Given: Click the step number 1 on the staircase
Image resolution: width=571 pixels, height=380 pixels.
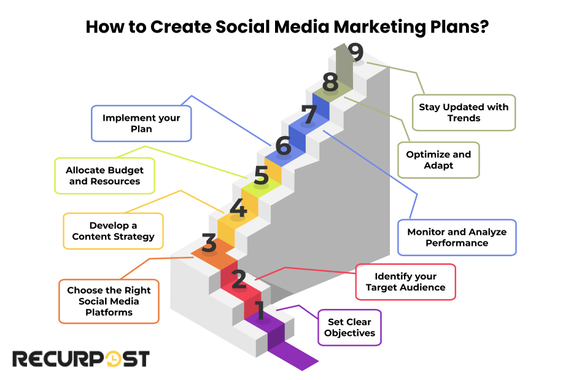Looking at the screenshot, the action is coord(260,310).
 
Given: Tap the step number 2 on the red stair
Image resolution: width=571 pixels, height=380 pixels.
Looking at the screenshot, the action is coord(239,279).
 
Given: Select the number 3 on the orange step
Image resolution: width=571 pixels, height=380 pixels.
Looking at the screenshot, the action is coord(209,243).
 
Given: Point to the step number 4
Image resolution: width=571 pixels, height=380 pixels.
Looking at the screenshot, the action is coord(238,208).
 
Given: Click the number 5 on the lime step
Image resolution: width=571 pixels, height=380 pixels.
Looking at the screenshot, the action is coord(261,175).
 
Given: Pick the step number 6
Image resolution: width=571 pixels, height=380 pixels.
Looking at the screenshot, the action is coord(283,145).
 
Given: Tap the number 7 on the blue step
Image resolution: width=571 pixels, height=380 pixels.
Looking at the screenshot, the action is coord(309,114).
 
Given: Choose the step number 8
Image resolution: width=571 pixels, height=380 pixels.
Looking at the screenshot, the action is coord(330,82).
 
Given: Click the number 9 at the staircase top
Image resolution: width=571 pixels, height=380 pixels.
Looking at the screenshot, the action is coord(355,51).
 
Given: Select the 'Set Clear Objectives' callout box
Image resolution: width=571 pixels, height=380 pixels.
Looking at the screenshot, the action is coord(349,327).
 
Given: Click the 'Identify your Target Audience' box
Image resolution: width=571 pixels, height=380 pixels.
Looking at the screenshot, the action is coord(405,282).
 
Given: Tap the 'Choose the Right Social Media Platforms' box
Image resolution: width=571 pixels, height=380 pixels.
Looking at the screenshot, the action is coord(109,301).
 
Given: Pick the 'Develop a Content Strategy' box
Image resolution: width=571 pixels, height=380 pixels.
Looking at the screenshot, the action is coord(113,231).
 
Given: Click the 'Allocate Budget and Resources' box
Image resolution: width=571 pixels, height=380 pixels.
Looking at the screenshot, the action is coord(104,176).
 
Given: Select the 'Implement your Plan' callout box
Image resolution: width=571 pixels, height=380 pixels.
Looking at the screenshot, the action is coord(141,123).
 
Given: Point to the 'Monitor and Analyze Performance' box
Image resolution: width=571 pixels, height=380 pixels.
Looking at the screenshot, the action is coord(457,237).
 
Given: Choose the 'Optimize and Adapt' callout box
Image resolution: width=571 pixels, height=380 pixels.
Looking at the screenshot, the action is coord(438,160).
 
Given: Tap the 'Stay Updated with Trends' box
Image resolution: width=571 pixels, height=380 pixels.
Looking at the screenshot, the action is coord(464,113).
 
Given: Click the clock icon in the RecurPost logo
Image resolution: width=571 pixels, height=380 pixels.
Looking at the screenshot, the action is coord(112,359).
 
